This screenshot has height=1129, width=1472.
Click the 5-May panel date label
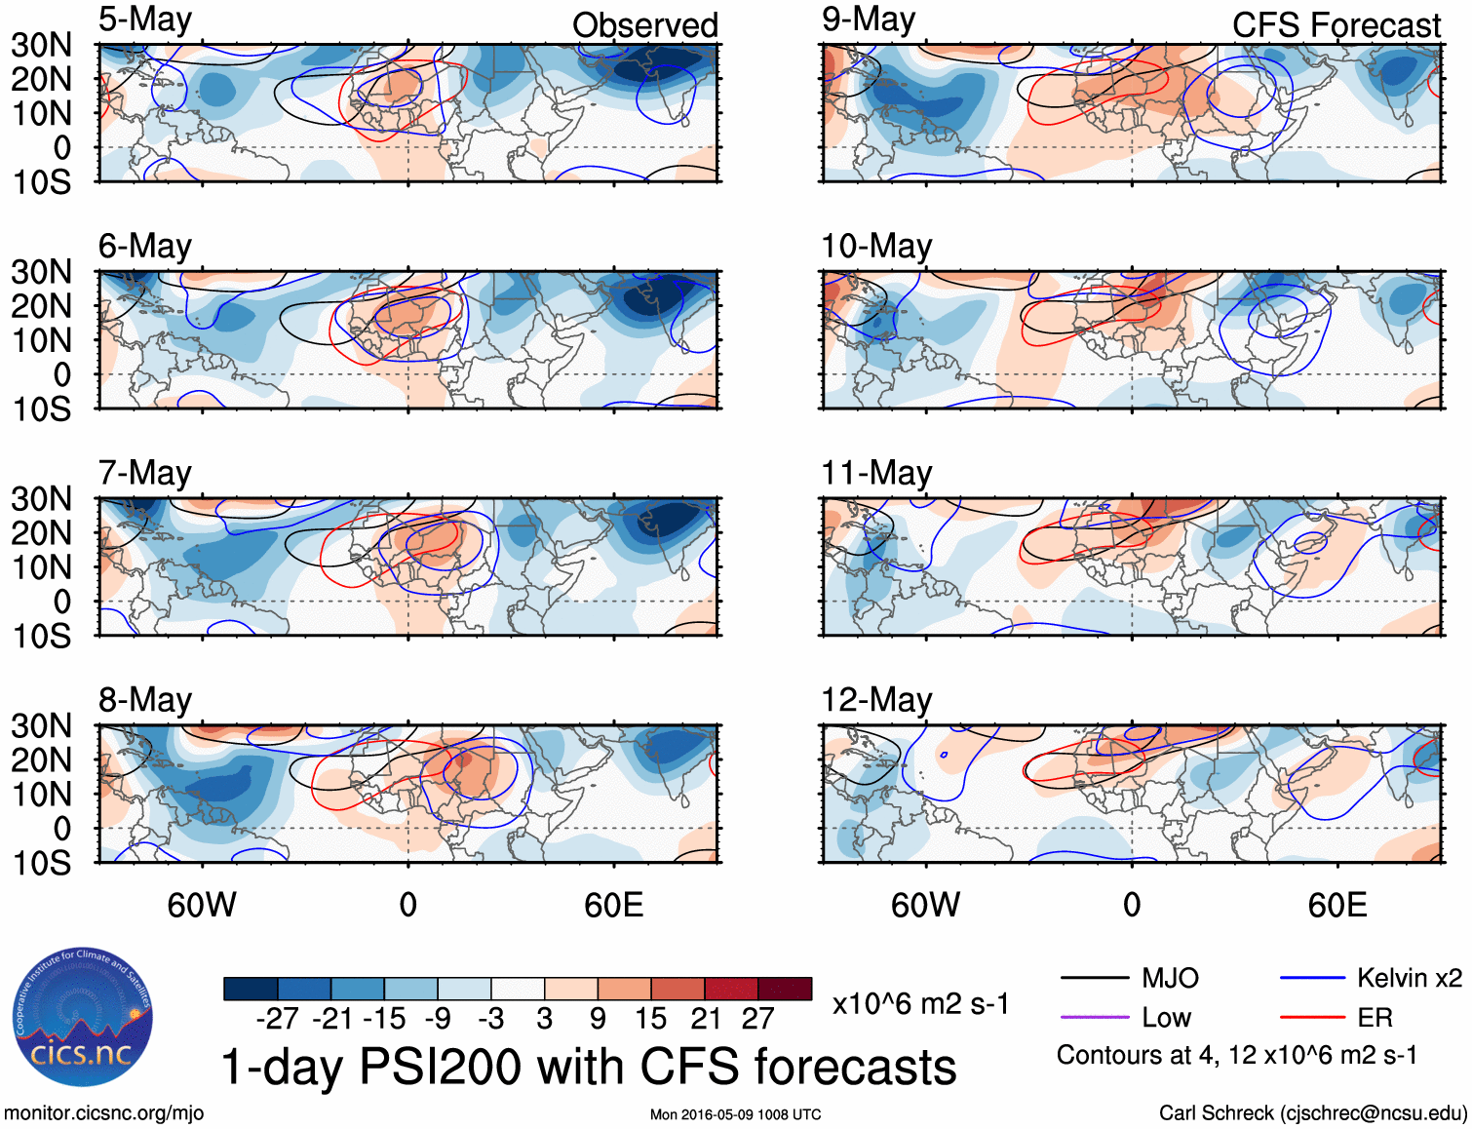point(145,20)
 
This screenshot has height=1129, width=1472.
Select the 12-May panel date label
point(876,700)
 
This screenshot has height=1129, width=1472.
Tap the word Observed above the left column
point(644,25)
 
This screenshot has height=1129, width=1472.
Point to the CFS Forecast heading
point(1336,25)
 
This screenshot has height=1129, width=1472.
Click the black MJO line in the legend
point(1094,978)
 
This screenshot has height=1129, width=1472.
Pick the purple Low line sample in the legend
point(1094,1018)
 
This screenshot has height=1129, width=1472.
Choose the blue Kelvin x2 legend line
point(1312,978)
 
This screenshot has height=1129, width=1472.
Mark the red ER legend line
point(1312,1018)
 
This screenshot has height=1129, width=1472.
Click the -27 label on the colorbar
point(277,1019)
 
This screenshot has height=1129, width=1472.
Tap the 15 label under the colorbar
point(651,1019)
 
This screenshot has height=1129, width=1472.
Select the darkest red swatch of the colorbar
point(785,989)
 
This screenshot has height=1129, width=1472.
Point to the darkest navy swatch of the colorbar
point(251,989)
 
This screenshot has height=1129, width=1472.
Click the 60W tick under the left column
point(202,905)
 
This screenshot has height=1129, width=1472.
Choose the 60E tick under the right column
point(1336,905)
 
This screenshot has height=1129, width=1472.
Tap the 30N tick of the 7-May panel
point(41,499)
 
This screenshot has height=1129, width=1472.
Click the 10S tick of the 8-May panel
point(41,863)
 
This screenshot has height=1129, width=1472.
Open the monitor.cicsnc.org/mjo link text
point(103,1113)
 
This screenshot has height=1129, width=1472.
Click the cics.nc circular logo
point(82,1018)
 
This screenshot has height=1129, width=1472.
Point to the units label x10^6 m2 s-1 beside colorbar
point(920,1004)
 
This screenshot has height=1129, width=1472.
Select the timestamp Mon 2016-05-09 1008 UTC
point(735,1114)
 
